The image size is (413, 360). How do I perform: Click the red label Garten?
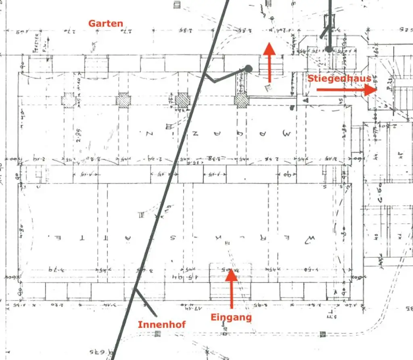(106, 23)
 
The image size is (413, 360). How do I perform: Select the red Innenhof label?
(162, 324)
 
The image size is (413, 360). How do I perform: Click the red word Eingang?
(231, 317)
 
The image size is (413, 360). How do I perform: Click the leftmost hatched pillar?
(69, 100)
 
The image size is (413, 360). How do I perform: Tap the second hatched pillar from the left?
(123, 100)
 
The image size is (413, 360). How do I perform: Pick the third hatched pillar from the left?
(182, 100)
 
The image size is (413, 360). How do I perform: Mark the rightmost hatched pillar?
(241, 100)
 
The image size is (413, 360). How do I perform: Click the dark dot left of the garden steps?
(248, 69)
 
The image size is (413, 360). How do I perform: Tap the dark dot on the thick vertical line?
(329, 49)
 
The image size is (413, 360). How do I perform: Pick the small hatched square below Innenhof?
(158, 334)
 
